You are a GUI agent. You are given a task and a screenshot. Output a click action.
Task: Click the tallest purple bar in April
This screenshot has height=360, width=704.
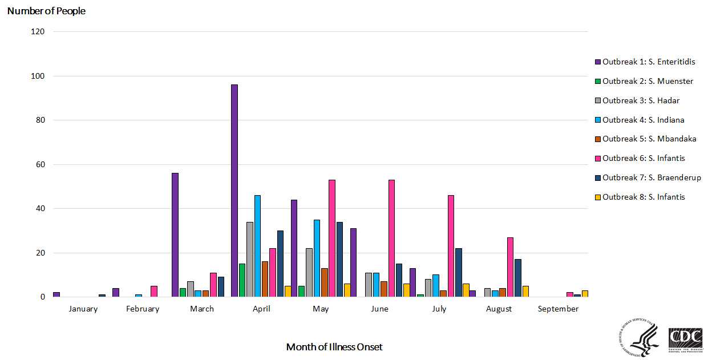234,191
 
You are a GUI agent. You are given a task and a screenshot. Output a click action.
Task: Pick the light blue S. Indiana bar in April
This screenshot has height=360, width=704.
258,246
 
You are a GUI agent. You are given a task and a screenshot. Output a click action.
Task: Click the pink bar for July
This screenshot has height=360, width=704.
451,246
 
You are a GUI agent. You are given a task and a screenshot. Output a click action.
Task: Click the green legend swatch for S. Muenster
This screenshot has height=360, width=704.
598,81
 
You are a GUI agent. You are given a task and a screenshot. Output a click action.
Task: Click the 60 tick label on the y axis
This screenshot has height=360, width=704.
38,164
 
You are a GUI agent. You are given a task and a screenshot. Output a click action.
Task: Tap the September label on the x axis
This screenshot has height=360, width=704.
558,309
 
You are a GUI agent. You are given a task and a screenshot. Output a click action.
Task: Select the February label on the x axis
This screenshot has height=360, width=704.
143,309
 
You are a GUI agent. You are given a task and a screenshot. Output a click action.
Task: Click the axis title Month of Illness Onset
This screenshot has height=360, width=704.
334,347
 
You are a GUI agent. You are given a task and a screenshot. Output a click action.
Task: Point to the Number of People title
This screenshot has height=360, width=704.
46,11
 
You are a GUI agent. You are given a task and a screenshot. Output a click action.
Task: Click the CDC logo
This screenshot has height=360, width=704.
685,339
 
